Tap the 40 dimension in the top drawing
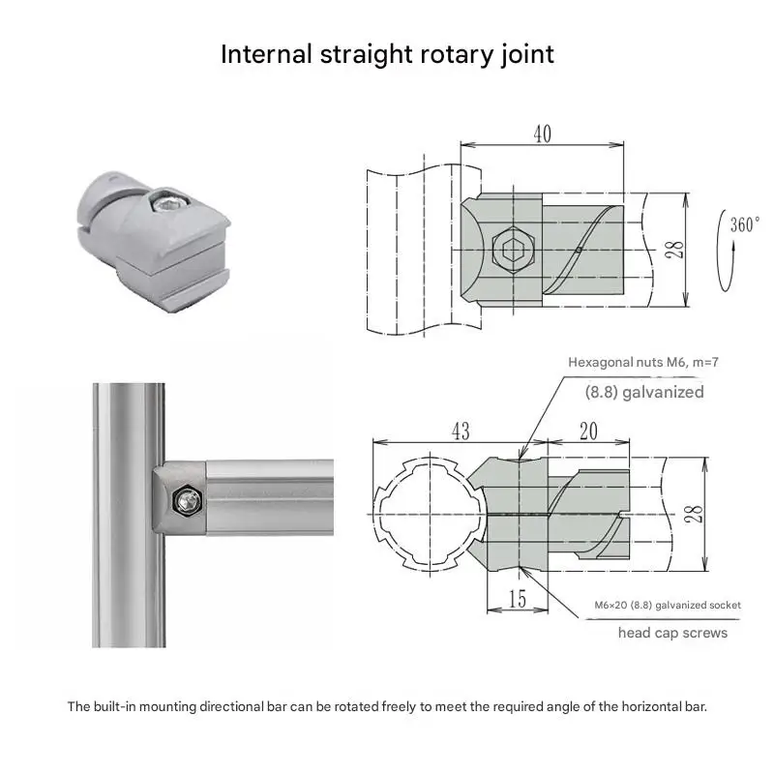point(542,134)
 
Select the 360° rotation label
point(745,224)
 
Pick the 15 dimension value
point(518,600)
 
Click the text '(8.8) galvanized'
point(643,392)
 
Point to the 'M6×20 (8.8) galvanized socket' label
point(668,605)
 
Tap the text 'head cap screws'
point(673,633)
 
